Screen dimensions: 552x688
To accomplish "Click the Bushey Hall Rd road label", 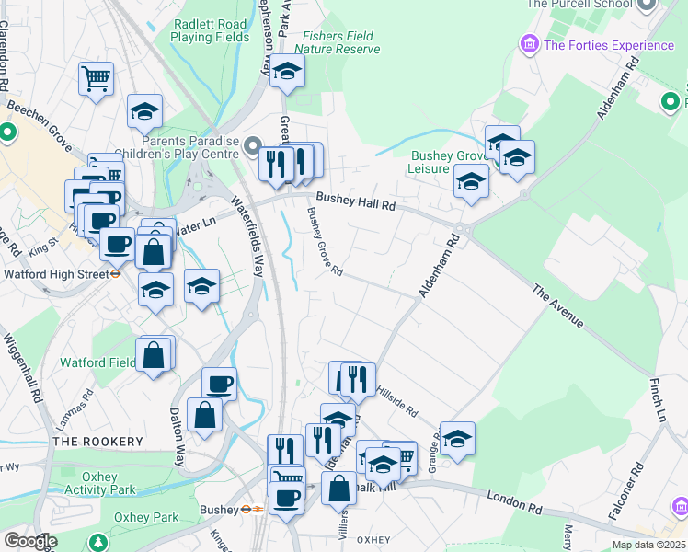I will click(355, 201).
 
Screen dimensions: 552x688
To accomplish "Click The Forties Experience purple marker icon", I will click(529, 44).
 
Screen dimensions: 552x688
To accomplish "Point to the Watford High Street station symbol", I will click(117, 272).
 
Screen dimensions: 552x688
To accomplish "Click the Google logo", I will click(30, 541).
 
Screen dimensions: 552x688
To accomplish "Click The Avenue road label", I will click(557, 306).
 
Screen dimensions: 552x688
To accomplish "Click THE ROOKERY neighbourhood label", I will click(97, 442).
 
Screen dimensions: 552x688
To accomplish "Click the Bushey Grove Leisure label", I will click(444, 163).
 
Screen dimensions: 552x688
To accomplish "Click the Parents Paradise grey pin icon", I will click(251, 146).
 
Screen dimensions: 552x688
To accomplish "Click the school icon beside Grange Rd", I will click(457, 439).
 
